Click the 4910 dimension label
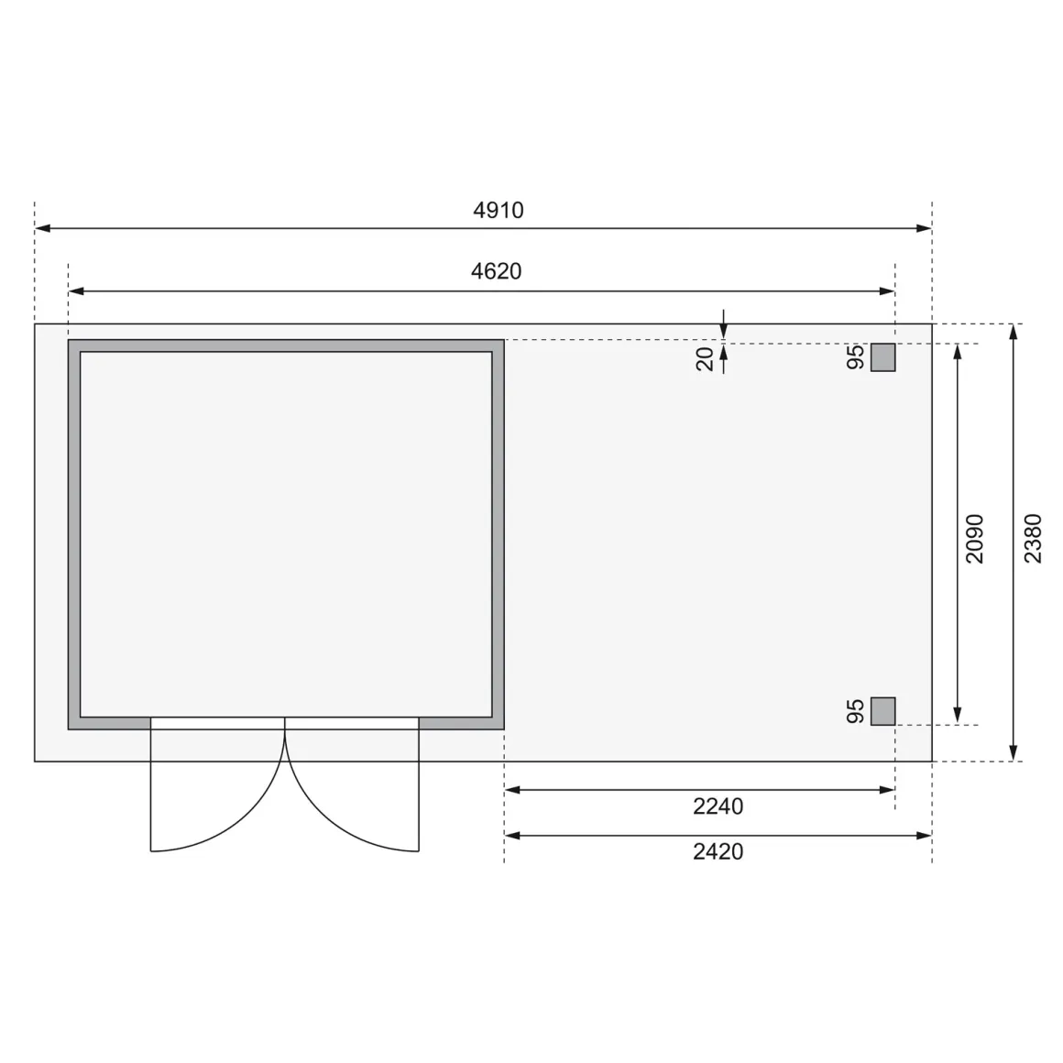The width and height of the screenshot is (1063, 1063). [x=499, y=210]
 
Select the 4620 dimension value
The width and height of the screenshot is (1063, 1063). [x=497, y=271]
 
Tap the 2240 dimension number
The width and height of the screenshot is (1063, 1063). [x=718, y=806]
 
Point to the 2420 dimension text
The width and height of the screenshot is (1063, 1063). [x=718, y=851]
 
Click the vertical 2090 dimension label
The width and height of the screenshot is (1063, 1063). [x=975, y=538]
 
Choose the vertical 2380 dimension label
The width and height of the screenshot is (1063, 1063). [x=1033, y=538]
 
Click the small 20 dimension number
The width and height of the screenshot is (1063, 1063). [x=705, y=358]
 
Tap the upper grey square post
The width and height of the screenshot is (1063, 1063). [x=882, y=357]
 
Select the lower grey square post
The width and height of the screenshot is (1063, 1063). [x=882, y=711]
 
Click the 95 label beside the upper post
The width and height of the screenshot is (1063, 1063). [x=856, y=357]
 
